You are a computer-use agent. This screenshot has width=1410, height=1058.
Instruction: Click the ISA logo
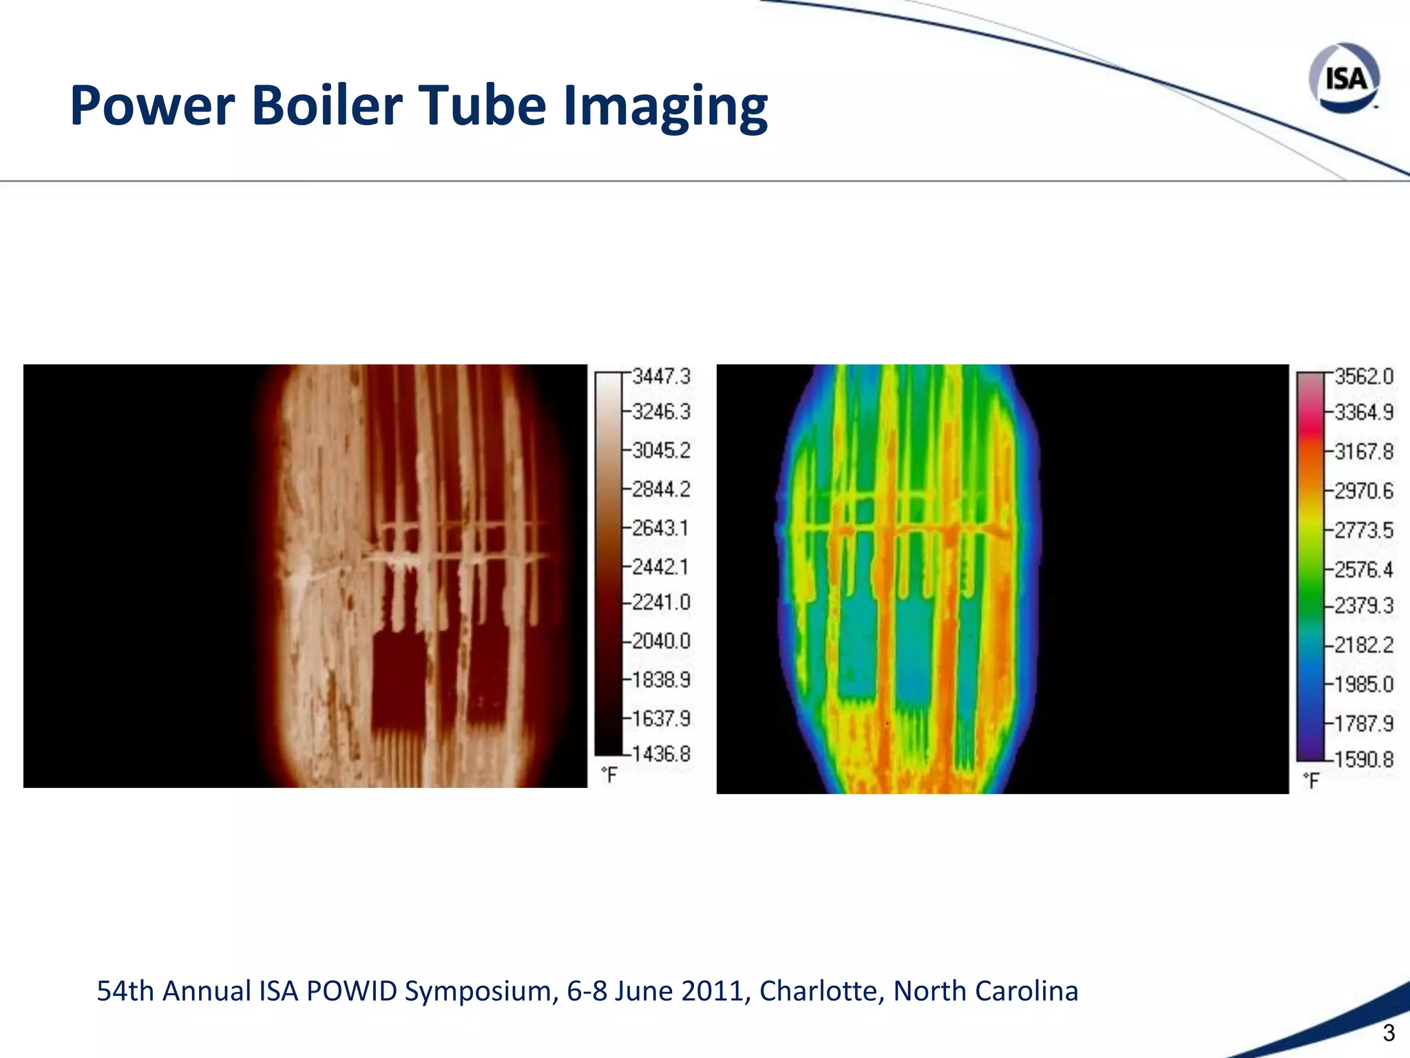click(x=1344, y=78)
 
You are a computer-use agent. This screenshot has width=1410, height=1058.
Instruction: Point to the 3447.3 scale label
click(x=661, y=377)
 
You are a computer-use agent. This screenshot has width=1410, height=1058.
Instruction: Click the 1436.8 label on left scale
click(x=661, y=754)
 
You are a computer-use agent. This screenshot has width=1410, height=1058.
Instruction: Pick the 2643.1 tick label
click(x=661, y=528)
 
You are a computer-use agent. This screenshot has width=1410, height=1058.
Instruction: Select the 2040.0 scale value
click(x=661, y=641)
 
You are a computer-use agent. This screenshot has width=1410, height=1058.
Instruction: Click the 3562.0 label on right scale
click(x=1364, y=377)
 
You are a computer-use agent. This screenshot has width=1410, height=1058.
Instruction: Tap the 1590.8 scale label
click(x=1364, y=760)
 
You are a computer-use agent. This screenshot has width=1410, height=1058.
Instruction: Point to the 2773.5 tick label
click(x=1364, y=530)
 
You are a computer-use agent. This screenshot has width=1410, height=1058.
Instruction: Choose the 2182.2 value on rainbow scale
click(x=1364, y=645)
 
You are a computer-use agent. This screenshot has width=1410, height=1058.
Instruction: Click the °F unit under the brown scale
click(x=609, y=775)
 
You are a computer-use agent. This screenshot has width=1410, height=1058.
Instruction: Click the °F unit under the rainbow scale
click(x=1312, y=781)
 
